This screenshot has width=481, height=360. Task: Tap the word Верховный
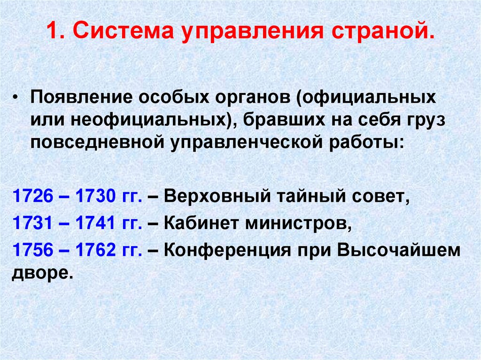pos(216,196)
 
